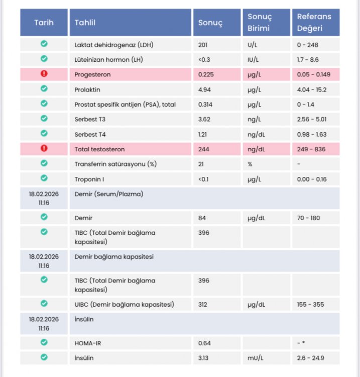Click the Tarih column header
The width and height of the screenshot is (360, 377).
[44, 23]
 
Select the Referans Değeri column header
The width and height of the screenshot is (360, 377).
[314, 22]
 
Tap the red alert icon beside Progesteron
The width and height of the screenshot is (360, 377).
[44, 73]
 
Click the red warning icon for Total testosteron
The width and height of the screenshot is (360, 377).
[44, 148]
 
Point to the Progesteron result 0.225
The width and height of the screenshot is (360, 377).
[206, 74]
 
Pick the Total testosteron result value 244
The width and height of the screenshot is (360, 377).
[204, 149]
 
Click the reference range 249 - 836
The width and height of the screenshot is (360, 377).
[311, 149]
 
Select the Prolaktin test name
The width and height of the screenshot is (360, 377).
[87, 89]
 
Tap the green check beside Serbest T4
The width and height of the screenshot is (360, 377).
[44, 133]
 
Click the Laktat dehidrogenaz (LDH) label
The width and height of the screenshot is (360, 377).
[114, 45]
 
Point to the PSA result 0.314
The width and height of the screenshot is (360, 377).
[205, 105]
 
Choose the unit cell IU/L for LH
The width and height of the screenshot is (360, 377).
[253, 60]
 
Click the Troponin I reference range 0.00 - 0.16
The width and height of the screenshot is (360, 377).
[312, 179]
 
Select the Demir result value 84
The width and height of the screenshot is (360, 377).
[202, 218]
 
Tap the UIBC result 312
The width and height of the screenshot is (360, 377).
[203, 305]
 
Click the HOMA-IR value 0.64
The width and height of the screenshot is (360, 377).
[204, 343]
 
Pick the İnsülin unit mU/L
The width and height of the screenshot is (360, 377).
[256, 358]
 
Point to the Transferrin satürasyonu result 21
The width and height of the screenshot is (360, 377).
[201, 164]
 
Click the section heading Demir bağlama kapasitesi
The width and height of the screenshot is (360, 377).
[114, 257]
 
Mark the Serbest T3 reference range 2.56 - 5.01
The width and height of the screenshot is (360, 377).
[312, 120]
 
